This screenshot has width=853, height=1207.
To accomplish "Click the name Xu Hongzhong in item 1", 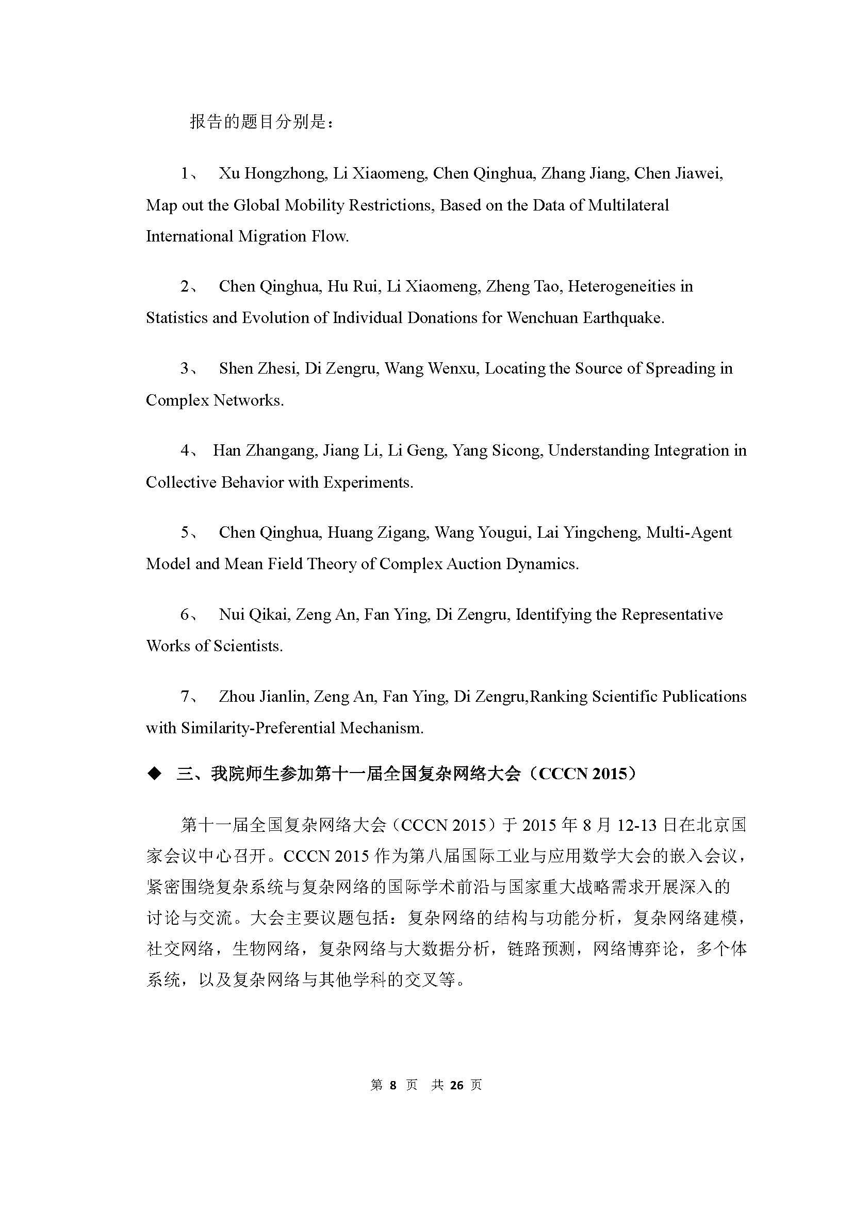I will click(272, 173).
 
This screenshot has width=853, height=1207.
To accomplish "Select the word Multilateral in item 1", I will click(628, 205).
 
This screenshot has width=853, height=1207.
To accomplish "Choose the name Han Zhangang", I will click(265, 450).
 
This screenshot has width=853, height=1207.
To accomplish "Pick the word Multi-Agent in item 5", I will click(688, 533).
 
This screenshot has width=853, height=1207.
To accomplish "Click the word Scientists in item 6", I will click(248, 646).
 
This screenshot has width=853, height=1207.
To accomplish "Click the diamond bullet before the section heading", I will click(154, 774).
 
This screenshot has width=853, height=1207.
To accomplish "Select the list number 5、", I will click(189, 533).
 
